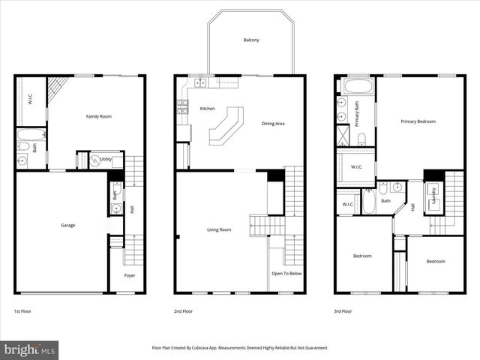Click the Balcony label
251,40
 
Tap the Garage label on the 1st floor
67,225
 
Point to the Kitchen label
207,109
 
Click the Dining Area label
273,124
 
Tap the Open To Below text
286,274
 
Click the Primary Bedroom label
418,121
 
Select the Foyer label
130,276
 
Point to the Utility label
106,160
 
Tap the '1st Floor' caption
23,310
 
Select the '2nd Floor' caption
183,310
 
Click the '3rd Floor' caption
343,310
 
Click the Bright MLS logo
30,349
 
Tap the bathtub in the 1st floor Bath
29,136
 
